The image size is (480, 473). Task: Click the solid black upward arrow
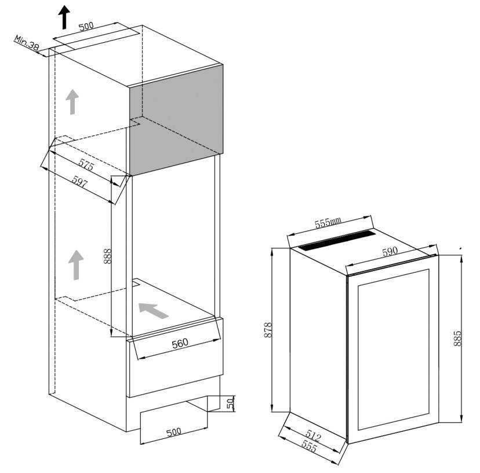click(64, 17)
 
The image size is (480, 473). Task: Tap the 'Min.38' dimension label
click(27, 43)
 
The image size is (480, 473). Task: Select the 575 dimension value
click(86, 165)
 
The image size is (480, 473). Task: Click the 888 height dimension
click(108, 256)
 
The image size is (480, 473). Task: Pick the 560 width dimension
click(180, 344)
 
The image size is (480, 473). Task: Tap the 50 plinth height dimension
click(231, 404)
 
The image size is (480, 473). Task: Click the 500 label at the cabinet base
click(173, 432)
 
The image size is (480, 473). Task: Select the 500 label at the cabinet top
click(86, 26)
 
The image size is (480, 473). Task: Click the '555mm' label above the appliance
click(328, 222)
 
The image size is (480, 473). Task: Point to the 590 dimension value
click(390, 252)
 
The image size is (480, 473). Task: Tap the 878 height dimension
click(268, 329)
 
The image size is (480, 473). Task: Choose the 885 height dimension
click(457, 338)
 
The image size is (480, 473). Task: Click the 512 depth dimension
click(313, 435)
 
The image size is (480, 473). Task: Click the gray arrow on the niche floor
click(153, 310)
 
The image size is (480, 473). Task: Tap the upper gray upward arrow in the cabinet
click(72, 102)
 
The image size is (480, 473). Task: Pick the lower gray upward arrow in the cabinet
click(76, 265)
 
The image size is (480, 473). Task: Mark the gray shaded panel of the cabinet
click(176, 120)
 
